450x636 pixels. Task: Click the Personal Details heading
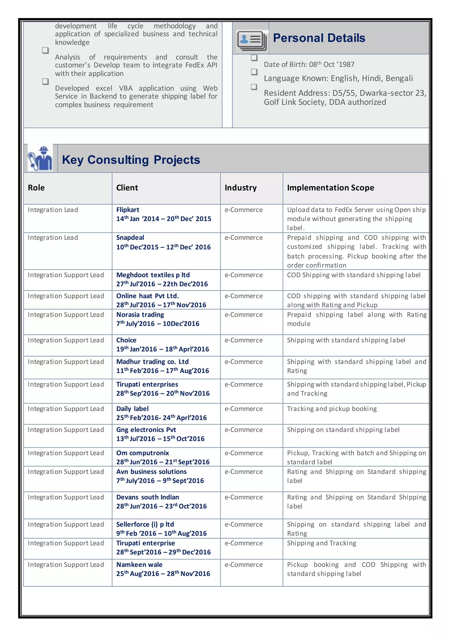tap(319, 38)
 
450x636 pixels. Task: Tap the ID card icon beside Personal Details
tap(252, 40)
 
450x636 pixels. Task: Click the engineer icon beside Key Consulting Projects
tap(40, 158)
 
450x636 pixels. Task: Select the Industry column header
tap(241, 188)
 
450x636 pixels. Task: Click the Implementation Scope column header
tap(330, 188)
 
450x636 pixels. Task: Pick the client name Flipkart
tap(128, 210)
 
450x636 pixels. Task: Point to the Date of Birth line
tap(309, 65)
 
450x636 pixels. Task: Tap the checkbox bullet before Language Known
tap(254, 72)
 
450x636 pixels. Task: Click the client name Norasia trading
tap(140, 315)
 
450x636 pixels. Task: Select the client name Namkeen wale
tap(139, 565)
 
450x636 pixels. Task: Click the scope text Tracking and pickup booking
tap(332, 409)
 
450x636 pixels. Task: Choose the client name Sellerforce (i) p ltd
tap(145, 524)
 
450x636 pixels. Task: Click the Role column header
tap(36, 188)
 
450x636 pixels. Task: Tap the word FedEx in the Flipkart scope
tap(344, 210)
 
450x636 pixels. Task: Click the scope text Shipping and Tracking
tap(321, 543)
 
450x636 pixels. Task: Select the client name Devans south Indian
tap(148, 497)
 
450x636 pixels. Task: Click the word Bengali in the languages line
tap(399, 79)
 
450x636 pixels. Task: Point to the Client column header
tap(127, 188)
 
